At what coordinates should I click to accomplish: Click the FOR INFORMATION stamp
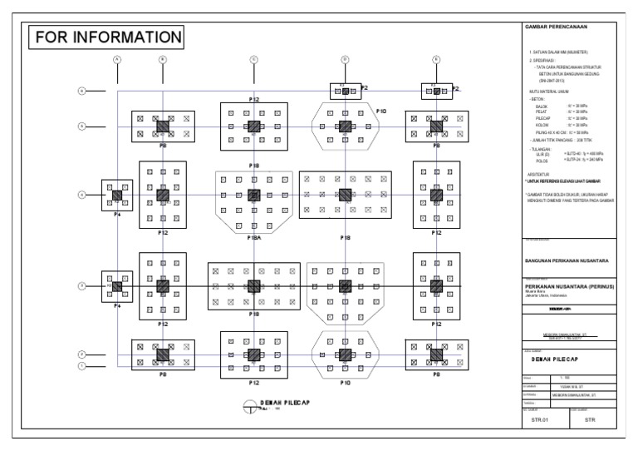106,37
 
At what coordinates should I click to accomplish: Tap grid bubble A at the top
117,59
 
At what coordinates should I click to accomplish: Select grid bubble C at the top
253,59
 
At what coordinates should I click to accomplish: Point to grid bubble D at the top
345,59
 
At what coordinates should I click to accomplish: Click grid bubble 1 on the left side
82,365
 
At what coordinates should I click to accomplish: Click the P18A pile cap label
254,237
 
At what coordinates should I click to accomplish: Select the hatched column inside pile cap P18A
254,195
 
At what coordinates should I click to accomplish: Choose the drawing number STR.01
542,421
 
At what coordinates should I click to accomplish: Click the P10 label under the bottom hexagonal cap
345,382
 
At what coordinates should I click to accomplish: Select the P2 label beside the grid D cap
364,87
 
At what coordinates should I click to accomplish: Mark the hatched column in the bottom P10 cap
345,354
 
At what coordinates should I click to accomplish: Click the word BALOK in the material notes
542,107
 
